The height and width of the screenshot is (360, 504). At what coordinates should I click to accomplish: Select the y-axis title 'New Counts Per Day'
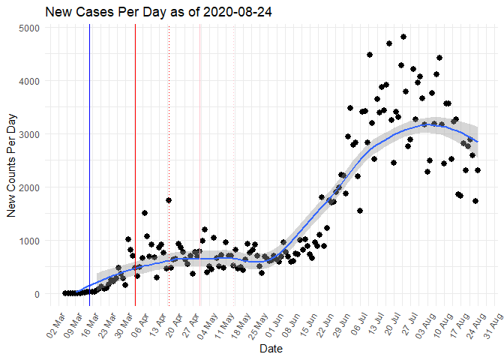(x=12, y=160)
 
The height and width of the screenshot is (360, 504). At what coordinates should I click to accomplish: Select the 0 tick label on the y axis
(x=37, y=294)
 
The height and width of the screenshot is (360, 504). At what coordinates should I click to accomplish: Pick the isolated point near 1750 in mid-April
(x=169, y=200)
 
